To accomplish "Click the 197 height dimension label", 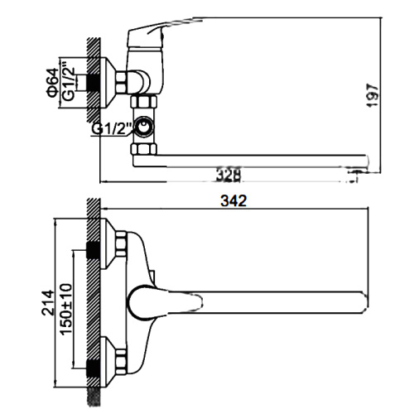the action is tap(372, 94).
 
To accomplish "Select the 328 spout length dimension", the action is tap(229, 175).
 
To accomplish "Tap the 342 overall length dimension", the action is tap(233, 200).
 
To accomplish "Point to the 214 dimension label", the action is tap(47, 302).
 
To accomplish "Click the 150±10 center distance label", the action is tap(66, 309).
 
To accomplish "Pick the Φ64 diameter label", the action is tap(52, 83).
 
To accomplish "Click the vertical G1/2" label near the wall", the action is tap(69, 80).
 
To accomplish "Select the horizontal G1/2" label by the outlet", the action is tap(112, 128).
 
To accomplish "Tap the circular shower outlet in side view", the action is tap(143, 127).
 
